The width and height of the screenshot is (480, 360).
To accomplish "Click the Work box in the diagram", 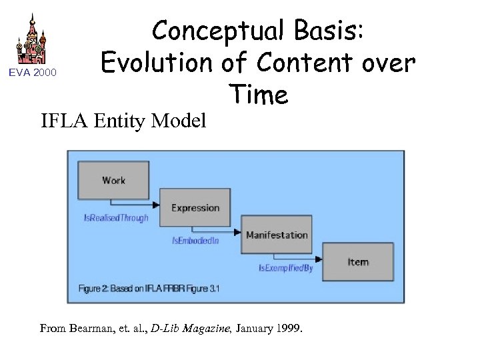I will pos(113,180).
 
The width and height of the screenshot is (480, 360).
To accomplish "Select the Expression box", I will pos(195,207).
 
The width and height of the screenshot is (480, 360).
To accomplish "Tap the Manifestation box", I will pos(277,235).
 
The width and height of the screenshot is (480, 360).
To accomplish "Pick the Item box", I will pos(358,261).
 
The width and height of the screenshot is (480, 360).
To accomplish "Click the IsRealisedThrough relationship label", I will pos(116,217).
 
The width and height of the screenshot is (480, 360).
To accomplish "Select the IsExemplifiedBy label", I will pos(286,268).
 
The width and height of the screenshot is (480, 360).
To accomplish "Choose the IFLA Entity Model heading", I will pos(123,121).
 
